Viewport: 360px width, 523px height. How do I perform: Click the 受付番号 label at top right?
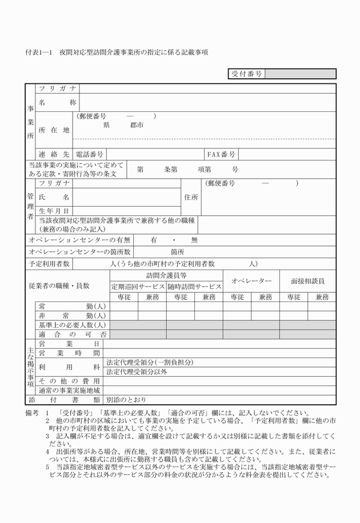point(247,74)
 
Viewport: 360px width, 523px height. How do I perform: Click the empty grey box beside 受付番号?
point(300,74)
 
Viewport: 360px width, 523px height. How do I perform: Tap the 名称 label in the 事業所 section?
point(57,102)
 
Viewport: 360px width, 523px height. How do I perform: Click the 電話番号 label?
point(90,154)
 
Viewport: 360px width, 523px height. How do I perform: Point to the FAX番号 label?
point(221,154)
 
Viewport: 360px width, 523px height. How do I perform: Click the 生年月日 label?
point(54,211)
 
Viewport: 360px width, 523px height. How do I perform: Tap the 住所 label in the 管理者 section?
point(191,197)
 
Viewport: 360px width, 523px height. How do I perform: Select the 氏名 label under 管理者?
point(54,197)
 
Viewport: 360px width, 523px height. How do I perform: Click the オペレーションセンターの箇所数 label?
point(79,252)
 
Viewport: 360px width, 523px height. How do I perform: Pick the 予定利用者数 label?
point(50,264)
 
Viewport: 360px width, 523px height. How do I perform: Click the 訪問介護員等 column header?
point(166,275)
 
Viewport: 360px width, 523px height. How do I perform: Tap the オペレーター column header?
point(251,281)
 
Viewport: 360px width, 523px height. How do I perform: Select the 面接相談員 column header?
point(307,281)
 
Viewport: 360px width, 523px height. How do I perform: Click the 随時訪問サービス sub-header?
point(194,287)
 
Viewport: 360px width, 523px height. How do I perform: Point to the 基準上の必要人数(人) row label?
point(72,324)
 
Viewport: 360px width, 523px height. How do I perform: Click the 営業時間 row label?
point(69,353)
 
